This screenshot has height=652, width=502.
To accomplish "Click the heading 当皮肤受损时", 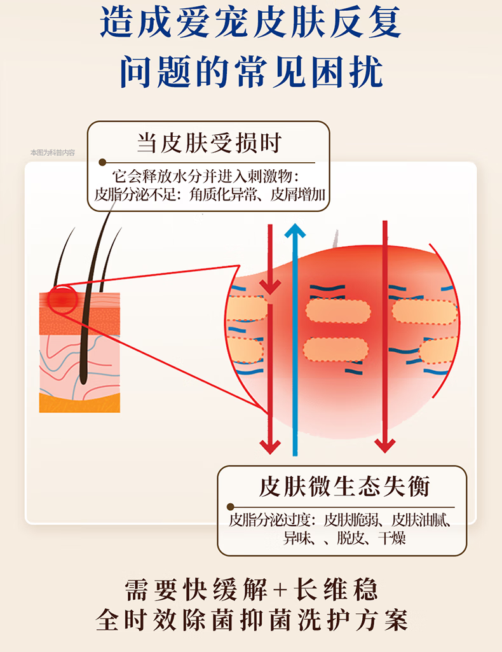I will click(x=208, y=143).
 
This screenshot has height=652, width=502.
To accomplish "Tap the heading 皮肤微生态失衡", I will click(x=344, y=487).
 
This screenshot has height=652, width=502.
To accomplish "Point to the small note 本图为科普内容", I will click(x=53, y=153).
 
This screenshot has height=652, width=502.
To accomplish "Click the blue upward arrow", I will click(x=294, y=337).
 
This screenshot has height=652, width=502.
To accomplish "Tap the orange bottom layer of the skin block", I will click(x=79, y=403).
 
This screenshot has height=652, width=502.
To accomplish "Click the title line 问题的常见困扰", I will click(x=251, y=72).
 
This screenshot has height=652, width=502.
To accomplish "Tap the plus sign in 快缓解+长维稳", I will click(x=280, y=590).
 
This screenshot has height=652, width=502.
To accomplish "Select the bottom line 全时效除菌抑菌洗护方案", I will click(x=251, y=620).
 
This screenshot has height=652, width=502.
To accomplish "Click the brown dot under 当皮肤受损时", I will click(x=102, y=163).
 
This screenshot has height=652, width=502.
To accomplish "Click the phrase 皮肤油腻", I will click(x=419, y=520).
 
